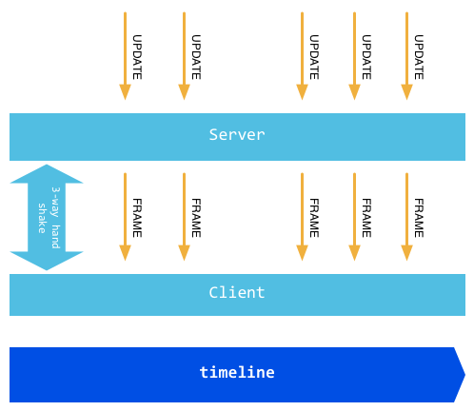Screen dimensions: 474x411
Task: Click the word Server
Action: [237, 135]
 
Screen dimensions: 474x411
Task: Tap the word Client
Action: [237, 292]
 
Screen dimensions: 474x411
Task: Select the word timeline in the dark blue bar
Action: [237, 372]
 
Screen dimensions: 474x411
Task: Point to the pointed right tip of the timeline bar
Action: [464, 375]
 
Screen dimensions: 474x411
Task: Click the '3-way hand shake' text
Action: [49, 218]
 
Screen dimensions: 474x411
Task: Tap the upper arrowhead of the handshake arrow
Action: [47, 174]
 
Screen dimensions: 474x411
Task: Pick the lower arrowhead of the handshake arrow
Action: [47, 261]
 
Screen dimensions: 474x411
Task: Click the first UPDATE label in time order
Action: [137, 57]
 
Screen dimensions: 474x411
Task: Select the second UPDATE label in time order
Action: [196, 57]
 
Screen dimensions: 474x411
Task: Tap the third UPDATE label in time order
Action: [314, 57]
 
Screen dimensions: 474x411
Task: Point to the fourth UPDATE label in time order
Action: [366, 57]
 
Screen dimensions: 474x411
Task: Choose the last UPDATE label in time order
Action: [419, 57]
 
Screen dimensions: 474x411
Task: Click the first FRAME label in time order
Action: [137, 218]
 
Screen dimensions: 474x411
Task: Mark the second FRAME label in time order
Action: [196, 218]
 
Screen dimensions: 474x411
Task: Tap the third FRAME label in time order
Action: [314, 218]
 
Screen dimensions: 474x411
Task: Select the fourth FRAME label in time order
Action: [366, 218]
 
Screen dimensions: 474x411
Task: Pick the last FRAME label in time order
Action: [419, 218]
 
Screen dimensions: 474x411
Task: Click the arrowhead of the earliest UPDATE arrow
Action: [125, 92]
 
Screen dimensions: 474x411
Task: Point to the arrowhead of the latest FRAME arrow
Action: [406, 253]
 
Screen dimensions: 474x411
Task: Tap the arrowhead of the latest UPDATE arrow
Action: [406, 92]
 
